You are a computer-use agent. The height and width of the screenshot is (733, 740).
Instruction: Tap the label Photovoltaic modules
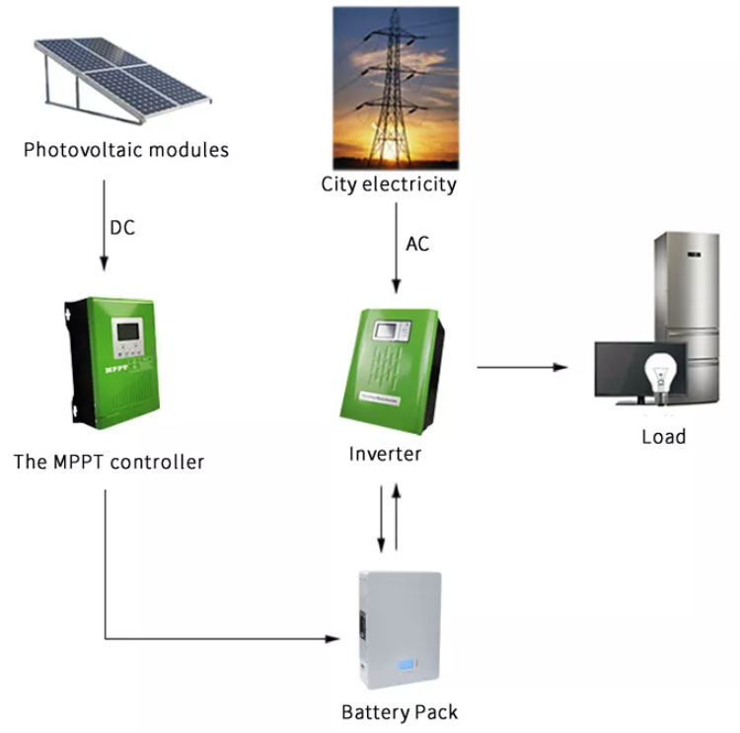125,151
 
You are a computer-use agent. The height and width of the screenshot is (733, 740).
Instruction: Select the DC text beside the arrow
122,228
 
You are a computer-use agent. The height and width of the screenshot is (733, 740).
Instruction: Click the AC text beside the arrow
417,244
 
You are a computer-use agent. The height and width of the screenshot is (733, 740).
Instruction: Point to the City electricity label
389,184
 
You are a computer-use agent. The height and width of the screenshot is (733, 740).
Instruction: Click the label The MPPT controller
109,461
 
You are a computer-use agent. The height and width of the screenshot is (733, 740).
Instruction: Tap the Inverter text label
385,455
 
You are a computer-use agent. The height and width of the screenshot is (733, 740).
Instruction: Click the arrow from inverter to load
523,367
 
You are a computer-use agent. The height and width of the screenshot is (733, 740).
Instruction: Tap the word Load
663,436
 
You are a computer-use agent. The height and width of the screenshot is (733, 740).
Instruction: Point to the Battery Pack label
400,711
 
